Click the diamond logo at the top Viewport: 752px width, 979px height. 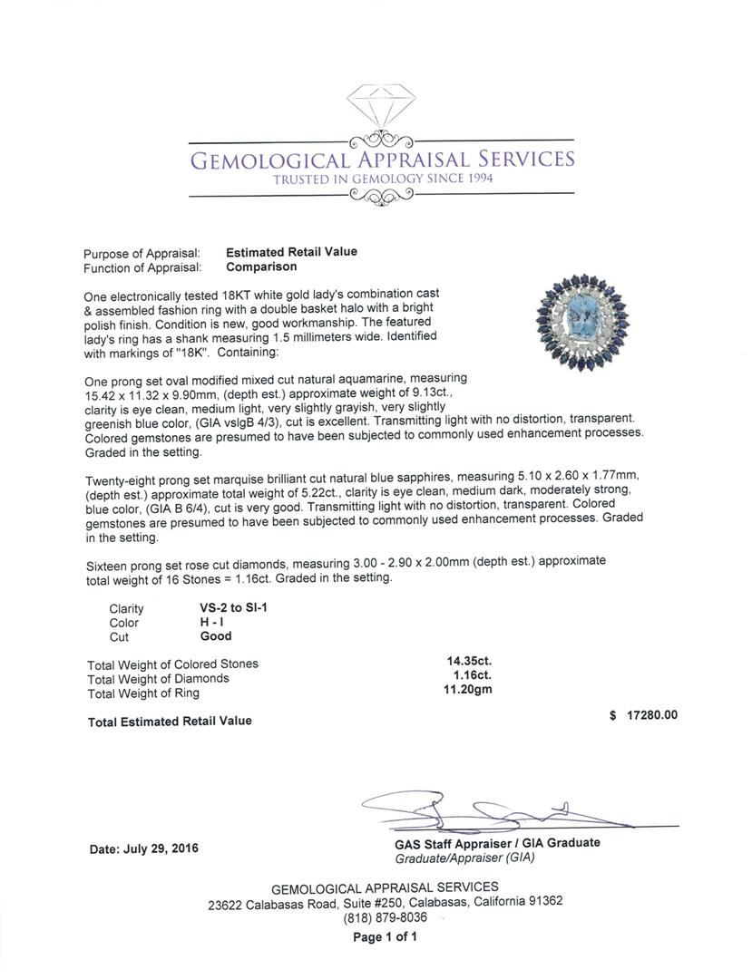pyautogui.click(x=380, y=108)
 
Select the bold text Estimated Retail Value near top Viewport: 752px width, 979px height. pyautogui.click(x=291, y=252)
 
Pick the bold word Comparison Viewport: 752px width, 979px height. pyautogui.click(x=261, y=267)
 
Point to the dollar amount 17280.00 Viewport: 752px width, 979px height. pyautogui.click(x=651, y=715)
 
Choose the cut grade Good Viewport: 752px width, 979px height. pyautogui.click(x=216, y=636)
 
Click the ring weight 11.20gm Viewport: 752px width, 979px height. pyautogui.click(x=469, y=693)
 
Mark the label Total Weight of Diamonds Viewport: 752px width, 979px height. pyautogui.click(x=158, y=678)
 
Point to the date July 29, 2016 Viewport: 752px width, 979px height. pyautogui.click(x=144, y=849)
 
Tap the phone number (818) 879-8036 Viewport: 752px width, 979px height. pyautogui.click(x=385, y=916)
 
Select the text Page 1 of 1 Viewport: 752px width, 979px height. pyautogui.click(x=385, y=937)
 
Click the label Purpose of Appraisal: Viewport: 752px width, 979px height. pyautogui.click(x=142, y=253)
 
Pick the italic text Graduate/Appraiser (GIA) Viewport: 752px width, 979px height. pyautogui.click(x=458, y=857)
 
